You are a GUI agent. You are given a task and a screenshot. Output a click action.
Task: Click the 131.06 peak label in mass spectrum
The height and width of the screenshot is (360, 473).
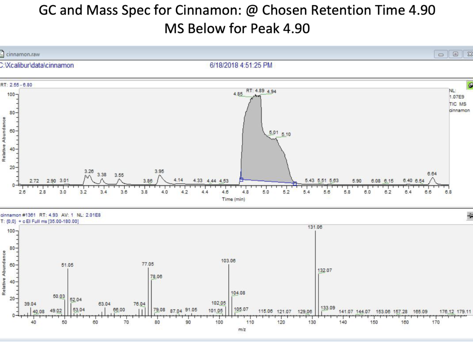tap(315, 227)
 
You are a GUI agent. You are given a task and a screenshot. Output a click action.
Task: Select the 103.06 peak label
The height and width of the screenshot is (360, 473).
tap(228, 261)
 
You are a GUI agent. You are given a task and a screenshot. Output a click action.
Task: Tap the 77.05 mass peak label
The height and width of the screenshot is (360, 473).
tap(148, 264)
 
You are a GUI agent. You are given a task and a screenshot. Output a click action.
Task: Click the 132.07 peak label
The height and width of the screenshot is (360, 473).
tap(325, 270)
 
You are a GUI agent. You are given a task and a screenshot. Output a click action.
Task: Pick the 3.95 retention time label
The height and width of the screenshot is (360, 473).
tap(159, 171)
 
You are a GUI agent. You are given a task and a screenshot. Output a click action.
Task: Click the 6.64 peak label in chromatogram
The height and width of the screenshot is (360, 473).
tap(432, 174)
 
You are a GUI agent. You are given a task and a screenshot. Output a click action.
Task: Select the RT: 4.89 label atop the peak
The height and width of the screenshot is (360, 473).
tap(255, 90)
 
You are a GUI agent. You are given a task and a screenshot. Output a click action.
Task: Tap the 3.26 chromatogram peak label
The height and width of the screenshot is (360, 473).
tap(89, 171)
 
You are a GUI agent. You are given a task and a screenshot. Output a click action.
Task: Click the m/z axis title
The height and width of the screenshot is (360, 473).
tap(242, 330)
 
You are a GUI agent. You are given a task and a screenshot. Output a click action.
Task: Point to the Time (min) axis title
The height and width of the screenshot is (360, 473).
tap(234, 199)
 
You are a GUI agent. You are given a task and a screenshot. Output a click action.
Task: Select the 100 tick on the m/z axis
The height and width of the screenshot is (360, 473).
tap(219, 322)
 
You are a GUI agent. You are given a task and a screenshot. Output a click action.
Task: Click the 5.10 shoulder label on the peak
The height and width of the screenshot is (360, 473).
tap(286, 134)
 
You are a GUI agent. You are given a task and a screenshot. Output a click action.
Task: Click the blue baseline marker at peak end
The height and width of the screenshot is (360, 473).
tap(294, 184)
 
